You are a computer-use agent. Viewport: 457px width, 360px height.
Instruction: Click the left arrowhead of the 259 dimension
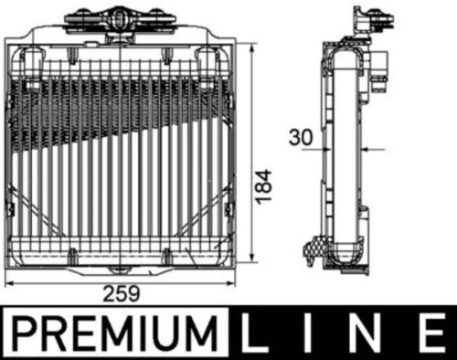(11, 281)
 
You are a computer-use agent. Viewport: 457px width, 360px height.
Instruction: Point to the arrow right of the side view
(367, 148)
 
